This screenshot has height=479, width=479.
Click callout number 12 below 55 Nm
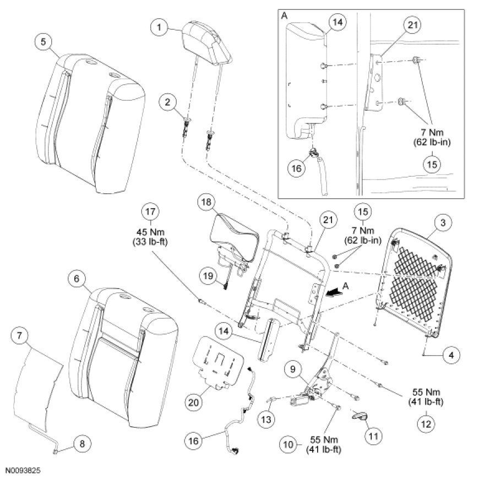[x=426, y=423]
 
